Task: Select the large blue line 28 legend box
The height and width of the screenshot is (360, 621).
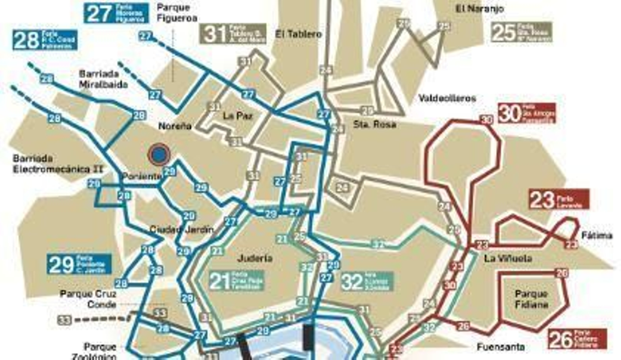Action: pyautogui.click(x=45, y=40)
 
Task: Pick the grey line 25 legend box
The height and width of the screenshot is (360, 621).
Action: pyautogui.click(x=521, y=32)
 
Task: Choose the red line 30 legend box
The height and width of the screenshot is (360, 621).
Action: pyautogui.click(x=527, y=113)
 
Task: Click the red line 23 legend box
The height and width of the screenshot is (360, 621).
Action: pyautogui.click(x=559, y=200)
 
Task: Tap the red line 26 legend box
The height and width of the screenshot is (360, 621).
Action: pyautogui.click(x=578, y=339)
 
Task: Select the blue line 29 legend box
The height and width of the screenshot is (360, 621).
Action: pyautogui.click(x=79, y=264)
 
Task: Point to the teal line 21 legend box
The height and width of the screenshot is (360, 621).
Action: pyautogui.click(x=236, y=280)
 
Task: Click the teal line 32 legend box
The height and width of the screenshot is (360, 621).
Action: pyautogui.click(x=367, y=282)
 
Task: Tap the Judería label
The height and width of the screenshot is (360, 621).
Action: pyautogui.click(x=254, y=258)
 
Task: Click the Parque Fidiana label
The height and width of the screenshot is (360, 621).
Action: pyautogui.click(x=531, y=299)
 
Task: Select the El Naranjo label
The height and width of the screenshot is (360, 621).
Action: pyautogui.click(x=480, y=9)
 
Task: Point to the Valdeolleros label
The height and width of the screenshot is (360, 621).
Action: pyautogui.click(x=447, y=98)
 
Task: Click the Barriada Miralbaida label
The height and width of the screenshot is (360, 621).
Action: pyautogui.click(x=103, y=79)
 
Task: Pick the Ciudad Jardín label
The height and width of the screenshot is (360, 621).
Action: pyautogui.click(x=182, y=230)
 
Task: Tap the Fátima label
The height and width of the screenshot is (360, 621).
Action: pyautogui.click(x=597, y=235)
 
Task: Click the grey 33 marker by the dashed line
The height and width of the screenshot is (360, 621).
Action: pyautogui.click(x=64, y=320)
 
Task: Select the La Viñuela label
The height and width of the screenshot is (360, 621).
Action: pyautogui.click(x=508, y=258)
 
